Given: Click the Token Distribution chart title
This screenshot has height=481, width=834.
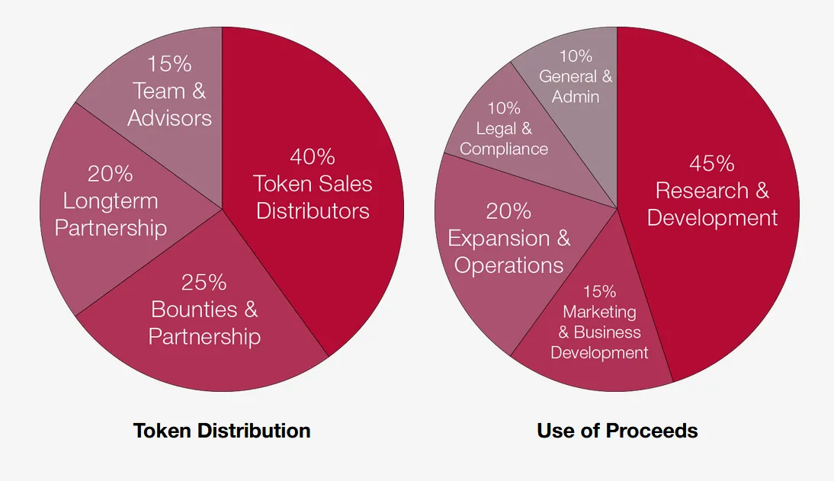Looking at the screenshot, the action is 222,431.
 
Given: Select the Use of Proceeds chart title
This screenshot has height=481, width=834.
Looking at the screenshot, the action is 617,431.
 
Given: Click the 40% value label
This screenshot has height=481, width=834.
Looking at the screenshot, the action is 313,156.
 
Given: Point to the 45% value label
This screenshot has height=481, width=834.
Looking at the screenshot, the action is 712,163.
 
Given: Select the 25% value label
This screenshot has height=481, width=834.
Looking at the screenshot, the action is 204,283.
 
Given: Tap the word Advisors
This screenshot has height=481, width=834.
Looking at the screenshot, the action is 170,118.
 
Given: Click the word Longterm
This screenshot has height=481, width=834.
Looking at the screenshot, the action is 111,202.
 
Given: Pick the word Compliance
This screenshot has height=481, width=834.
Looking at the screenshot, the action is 504,149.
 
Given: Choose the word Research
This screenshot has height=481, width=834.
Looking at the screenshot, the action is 702,191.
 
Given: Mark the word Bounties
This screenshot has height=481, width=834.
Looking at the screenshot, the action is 194,309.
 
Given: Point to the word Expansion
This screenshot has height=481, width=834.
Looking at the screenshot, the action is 499,239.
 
